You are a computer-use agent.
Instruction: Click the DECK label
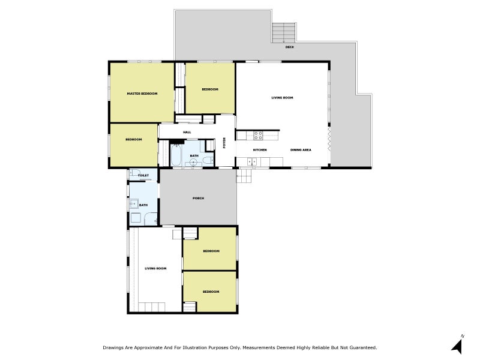[x=289, y=47]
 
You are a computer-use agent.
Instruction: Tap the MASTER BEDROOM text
[x=142, y=94]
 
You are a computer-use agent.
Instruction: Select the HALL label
[x=187, y=132]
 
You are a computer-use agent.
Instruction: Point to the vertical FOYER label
[x=224, y=143]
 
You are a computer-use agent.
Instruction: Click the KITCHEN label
[x=260, y=150]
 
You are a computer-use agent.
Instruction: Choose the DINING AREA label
[x=301, y=150]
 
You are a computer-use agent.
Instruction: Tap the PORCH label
[x=199, y=199]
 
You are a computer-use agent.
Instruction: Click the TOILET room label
[x=143, y=175]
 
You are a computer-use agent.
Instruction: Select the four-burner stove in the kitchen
[x=258, y=136]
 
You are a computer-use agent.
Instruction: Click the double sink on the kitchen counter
[x=252, y=161]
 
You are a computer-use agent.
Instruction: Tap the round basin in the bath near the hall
[x=193, y=163]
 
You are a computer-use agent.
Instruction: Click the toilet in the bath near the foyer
[x=208, y=160]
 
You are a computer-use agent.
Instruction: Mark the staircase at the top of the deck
[x=283, y=32]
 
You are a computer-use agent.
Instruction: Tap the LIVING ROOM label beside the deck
[x=282, y=98]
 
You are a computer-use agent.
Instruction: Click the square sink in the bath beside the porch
[x=134, y=204]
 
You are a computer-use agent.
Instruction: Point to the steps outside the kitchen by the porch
[x=244, y=176]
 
